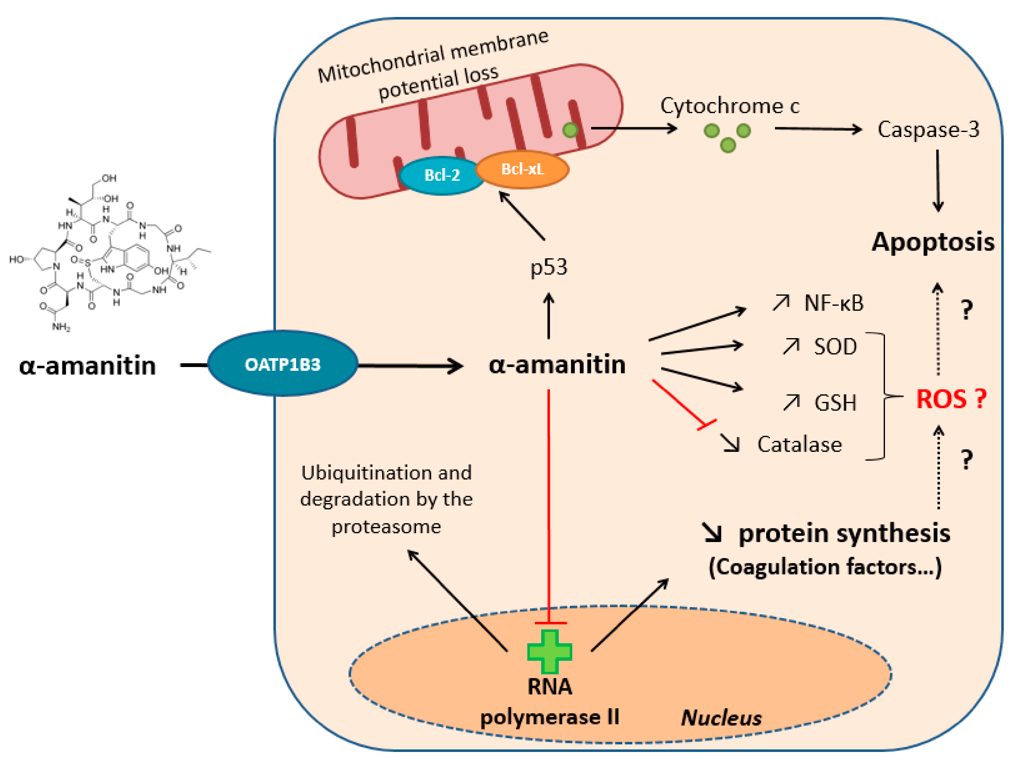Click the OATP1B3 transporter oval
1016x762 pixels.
pos(283,364)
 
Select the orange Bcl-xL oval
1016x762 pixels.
pos(522,169)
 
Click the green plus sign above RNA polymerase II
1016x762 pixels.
pos(549,651)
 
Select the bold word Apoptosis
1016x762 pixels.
pos(932,242)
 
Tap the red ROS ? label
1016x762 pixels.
pos(951,399)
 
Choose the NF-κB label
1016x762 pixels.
pos(834,303)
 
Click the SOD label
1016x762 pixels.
pos(835,346)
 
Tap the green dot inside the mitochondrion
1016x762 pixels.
pos(570,130)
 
